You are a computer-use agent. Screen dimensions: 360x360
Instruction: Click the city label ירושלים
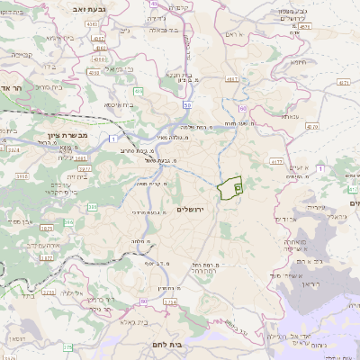(x=193, y=209)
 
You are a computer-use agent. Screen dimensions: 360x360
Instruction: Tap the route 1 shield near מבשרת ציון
(x=111, y=137)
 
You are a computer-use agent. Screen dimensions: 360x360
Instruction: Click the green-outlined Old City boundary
(x=229, y=188)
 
